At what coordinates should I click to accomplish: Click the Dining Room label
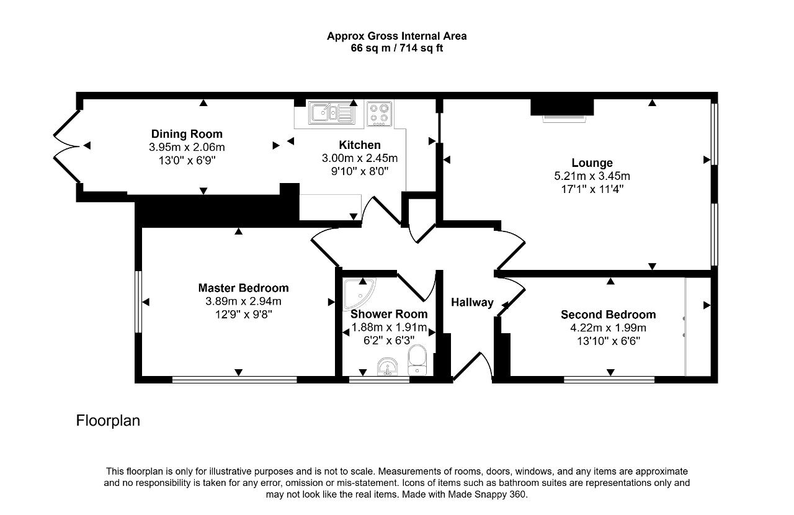pos(187,134)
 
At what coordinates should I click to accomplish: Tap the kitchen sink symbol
pos(331,113)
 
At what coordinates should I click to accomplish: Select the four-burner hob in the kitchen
pos(379,114)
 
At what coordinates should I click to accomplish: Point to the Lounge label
pos(592,163)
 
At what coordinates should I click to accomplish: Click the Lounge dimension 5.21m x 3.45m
pos(592,176)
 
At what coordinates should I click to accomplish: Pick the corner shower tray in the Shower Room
pos(359,293)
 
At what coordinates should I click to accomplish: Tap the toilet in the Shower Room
pos(417,360)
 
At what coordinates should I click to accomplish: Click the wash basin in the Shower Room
pos(388,366)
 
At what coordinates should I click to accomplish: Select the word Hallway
pos(472,302)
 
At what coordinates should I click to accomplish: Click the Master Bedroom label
pos(243,288)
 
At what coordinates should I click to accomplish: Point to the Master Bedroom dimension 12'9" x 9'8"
pos(244,314)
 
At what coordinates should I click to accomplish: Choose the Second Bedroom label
pos(609,315)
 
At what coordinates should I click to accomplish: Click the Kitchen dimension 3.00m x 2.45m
pos(359,158)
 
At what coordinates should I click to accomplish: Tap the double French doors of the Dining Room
pos(66,146)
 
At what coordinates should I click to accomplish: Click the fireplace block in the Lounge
pos(562,107)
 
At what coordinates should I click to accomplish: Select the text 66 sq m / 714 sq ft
pos(396,48)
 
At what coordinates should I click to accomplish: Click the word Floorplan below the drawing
pos(108,421)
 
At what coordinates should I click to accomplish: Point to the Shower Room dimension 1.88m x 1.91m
pos(389,327)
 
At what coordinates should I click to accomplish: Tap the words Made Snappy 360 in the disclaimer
pos(487,494)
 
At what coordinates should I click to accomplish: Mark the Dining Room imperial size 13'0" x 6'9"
pos(187,160)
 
